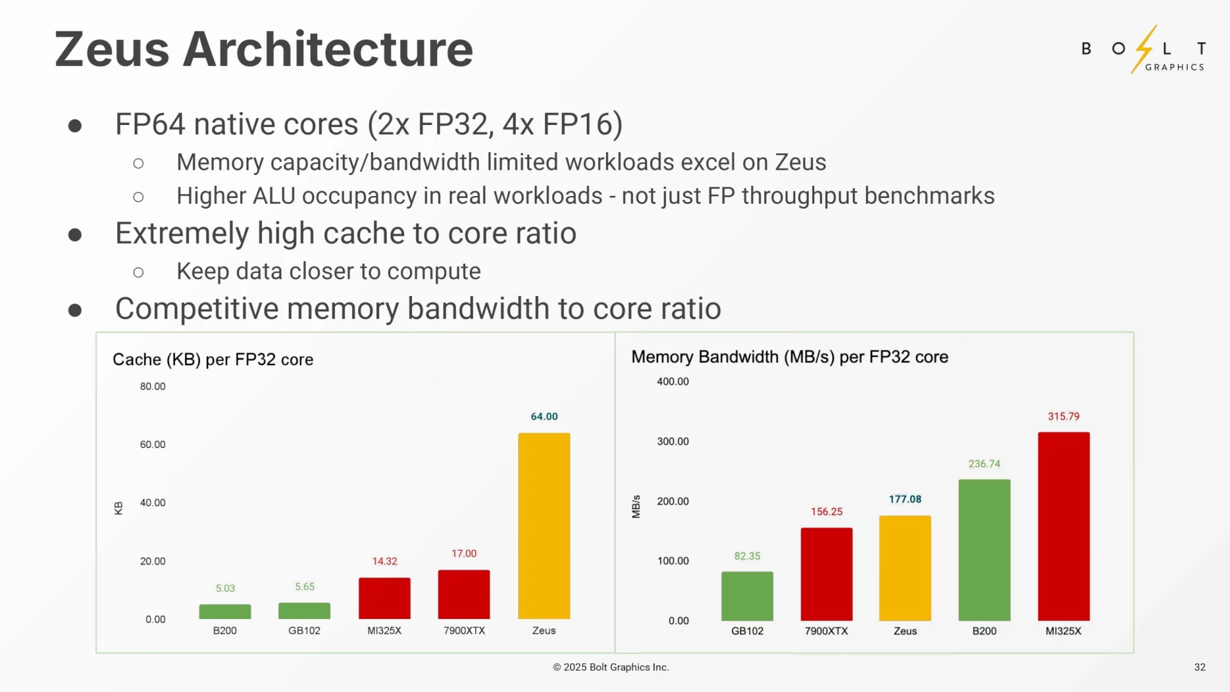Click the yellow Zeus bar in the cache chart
[x=544, y=525]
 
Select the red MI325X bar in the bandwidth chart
[x=1063, y=526]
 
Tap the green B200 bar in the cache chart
[x=225, y=611]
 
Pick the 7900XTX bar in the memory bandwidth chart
[x=826, y=574]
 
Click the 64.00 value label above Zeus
[x=544, y=416]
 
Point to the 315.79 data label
[x=1063, y=416]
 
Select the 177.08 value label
[x=905, y=499]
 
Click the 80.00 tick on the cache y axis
[x=152, y=386]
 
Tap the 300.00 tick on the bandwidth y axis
[x=673, y=441]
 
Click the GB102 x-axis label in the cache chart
[x=304, y=630]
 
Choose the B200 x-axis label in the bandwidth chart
[x=984, y=631]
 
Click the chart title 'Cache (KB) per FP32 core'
[x=213, y=359]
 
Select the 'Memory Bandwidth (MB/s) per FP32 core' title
[x=789, y=357]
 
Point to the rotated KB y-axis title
[x=119, y=508]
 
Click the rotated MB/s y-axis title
[x=636, y=506]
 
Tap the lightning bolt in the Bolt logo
[x=1144, y=49]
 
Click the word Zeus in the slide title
[x=111, y=49]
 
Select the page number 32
[x=1199, y=667]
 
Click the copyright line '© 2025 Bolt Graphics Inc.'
[x=611, y=667]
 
